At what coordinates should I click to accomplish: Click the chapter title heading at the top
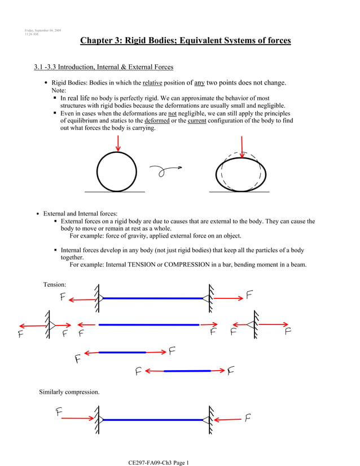[185, 41]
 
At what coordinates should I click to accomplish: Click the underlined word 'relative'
[152, 83]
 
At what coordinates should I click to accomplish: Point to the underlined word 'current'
[197, 121]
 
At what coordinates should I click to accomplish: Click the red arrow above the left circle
[118, 143]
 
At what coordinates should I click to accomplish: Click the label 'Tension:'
[55, 284]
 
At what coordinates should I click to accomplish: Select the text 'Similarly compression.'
[69, 392]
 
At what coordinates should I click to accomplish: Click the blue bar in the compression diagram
[152, 420]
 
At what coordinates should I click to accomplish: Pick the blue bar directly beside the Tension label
[152, 298]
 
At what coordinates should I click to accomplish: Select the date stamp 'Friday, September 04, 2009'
[43, 30]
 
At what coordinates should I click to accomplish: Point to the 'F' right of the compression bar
[248, 418]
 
